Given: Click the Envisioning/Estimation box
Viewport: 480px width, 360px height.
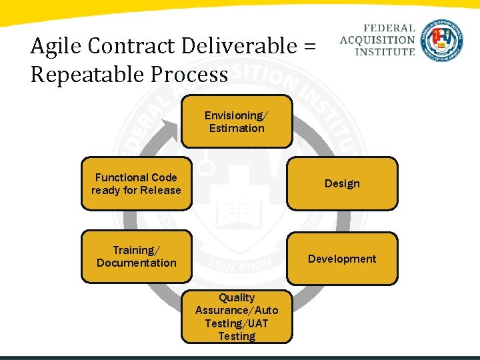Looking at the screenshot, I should (236, 121).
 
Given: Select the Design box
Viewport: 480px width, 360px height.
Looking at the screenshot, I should (342, 183).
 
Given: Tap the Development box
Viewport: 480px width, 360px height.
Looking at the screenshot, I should (342, 259).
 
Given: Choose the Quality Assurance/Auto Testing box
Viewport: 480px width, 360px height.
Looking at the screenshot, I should (237, 317).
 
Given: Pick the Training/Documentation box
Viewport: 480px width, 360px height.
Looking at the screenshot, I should (136, 257).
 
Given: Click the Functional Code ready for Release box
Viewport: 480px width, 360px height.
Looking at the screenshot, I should (136, 184).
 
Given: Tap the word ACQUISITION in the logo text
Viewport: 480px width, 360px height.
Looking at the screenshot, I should (377, 40).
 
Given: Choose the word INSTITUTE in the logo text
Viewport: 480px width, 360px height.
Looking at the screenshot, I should (385, 51).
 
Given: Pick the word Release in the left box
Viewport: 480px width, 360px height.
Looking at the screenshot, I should (161, 190).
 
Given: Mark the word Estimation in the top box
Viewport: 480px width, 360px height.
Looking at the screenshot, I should (237, 128).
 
